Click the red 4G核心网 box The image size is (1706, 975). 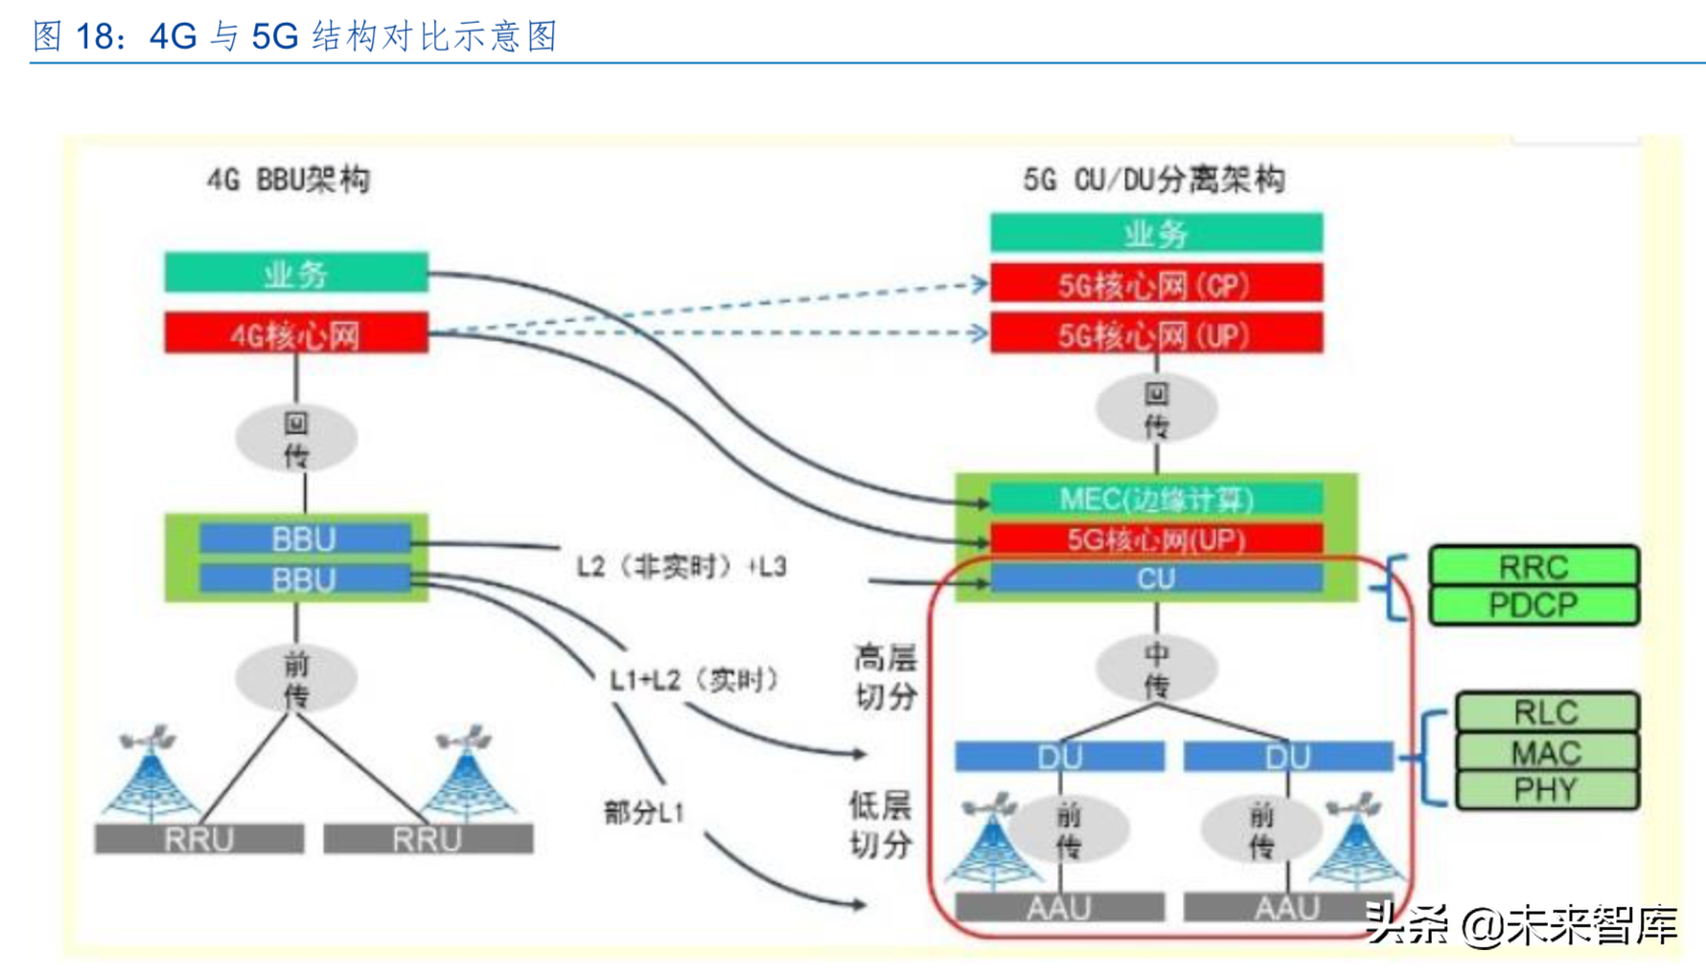pyautogui.click(x=295, y=334)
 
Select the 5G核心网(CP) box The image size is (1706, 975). pyautogui.click(x=1156, y=284)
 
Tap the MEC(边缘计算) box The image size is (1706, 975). pyautogui.click(x=1156, y=499)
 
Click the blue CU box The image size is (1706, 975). pyautogui.click(x=1156, y=578)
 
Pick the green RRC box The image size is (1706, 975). pyautogui.click(x=1533, y=566)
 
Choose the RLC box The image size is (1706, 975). pyautogui.click(x=1546, y=713)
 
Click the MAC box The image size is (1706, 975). pyautogui.click(x=1546, y=753)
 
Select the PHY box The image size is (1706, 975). pyautogui.click(x=1546, y=790)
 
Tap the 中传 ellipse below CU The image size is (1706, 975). pyautogui.click(x=1157, y=669)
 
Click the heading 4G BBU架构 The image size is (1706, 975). pyautogui.click(x=288, y=180)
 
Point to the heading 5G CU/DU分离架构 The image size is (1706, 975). pyautogui.click(x=1154, y=180)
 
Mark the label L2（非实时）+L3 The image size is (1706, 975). pyautogui.click(x=681, y=567)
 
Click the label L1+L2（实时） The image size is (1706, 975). pyautogui.click(x=694, y=680)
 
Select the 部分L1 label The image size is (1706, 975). pyautogui.click(x=644, y=813)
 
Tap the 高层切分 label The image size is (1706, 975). pyautogui.click(x=886, y=677)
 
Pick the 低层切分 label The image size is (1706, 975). pyautogui.click(x=880, y=826)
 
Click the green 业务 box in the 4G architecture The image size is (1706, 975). pyautogui.click(x=295, y=274)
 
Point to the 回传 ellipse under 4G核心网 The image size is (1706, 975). pyautogui.click(x=296, y=439)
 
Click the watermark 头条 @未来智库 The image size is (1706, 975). pyautogui.click(x=1521, y=925)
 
